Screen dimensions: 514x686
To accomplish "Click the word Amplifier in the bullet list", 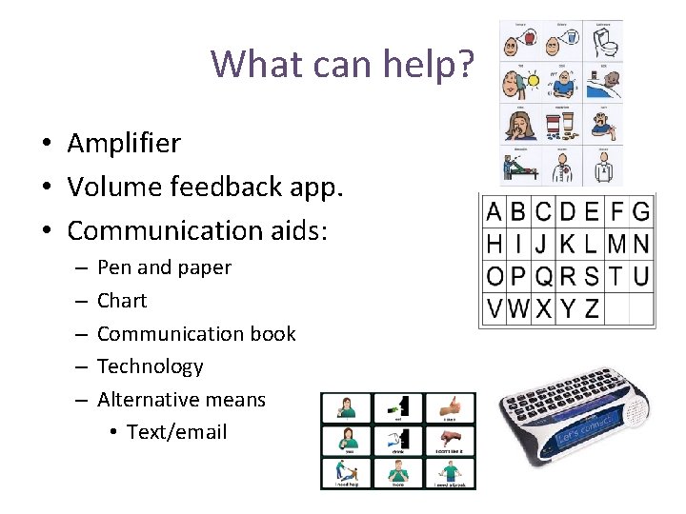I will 123,144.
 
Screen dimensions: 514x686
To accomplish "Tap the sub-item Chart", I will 122,301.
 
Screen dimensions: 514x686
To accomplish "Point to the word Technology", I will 151,366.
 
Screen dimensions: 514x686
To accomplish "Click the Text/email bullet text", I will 176,432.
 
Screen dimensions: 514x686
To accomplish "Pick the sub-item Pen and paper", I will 164,267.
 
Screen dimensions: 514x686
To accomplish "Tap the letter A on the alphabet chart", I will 494,211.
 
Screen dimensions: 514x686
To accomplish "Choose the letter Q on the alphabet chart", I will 543,276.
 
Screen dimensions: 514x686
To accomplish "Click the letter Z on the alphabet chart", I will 591,308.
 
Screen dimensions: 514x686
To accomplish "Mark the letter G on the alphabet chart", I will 640,211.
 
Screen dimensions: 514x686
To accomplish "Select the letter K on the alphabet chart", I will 568,244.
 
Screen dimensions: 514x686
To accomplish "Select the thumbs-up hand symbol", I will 450,407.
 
